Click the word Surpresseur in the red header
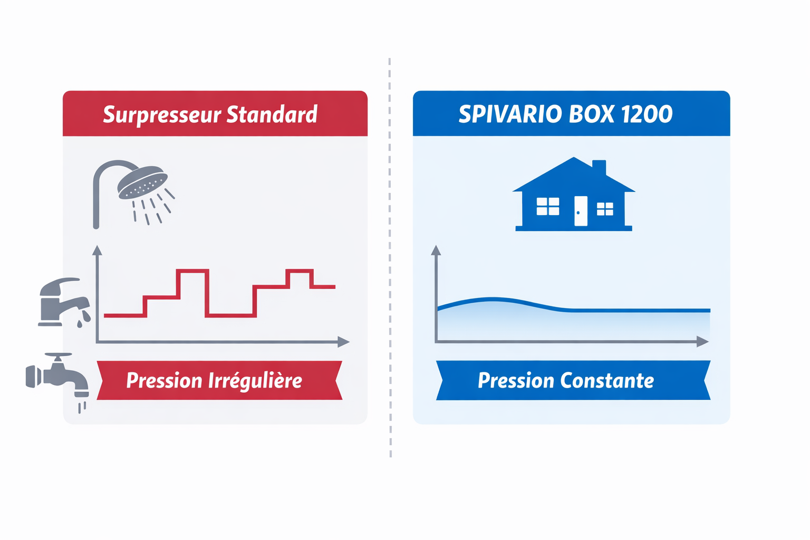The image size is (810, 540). [161, 114]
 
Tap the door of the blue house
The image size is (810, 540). [580, 211]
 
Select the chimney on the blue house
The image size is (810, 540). [599, 167]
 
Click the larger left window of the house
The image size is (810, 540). [547, 206]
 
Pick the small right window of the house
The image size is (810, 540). [605, 209]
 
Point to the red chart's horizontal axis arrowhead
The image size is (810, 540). [344, 342]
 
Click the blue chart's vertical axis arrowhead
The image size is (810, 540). [436, 250]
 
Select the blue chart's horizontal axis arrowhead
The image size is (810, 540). [702, 342]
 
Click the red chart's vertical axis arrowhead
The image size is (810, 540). [97, 250]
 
